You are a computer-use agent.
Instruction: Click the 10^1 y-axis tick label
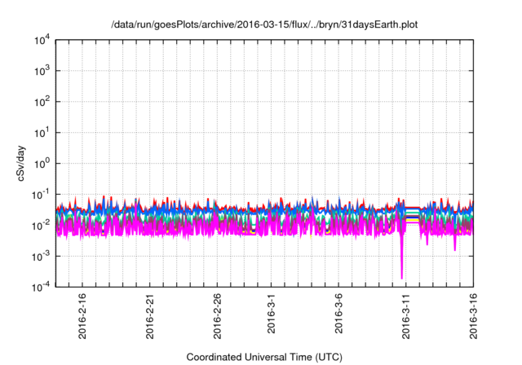(42, 132)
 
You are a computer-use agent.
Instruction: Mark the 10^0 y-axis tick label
(42, 163)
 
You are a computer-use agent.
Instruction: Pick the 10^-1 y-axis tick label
(41, 194)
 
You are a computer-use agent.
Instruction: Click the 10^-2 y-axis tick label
(41, 224)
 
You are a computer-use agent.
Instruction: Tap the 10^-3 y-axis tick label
(41, 255)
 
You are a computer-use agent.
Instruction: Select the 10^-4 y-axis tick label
(41, 285)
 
